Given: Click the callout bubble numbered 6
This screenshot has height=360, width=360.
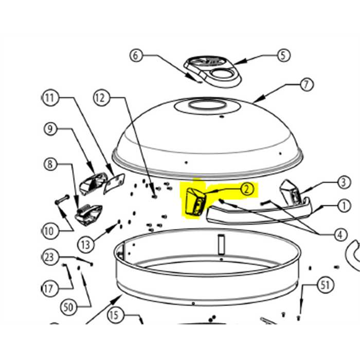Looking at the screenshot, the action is click(x=135, y=56).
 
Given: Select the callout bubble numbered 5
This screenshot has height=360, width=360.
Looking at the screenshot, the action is click(x=283, y=56).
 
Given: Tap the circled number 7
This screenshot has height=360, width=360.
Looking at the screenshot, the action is click(x=307, y=85).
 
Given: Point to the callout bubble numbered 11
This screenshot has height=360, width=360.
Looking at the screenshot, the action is click(x=50, y=98).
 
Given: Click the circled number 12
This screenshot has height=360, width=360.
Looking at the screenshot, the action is click(x=100, y=98).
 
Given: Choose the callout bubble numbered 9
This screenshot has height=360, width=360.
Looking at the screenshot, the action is click(x=50, y=129).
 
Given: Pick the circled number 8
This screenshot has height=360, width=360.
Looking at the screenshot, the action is click(x=50, y=164).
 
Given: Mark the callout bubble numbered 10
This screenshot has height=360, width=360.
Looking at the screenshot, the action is click(x=49, y=231).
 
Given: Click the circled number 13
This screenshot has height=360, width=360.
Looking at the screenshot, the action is click(x=85, y=245).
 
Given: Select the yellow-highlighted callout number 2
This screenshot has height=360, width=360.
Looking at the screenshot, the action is click(x=246, y=189).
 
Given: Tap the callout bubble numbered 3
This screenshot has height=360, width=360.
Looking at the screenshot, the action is click(x=344, y=183).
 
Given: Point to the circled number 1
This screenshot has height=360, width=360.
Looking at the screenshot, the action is click(x=344, y=206).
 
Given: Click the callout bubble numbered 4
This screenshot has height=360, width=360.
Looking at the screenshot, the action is click(x=340, y=235).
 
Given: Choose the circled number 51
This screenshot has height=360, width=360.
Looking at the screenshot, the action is click(x=325, y=285).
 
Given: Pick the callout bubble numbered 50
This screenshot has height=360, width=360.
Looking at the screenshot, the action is click(x=68, y=307).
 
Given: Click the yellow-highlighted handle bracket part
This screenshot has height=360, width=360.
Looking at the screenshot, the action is click(x=195, y=202).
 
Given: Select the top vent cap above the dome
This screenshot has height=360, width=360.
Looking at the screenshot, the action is click(x=212, y=71).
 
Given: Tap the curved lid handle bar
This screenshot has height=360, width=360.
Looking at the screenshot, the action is click(x=259, y=214).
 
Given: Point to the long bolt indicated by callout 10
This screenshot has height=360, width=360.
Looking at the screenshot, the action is click(x=62, y=200).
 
